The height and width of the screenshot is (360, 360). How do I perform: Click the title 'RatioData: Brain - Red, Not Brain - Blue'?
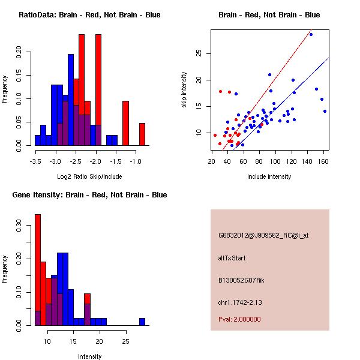point(89,15)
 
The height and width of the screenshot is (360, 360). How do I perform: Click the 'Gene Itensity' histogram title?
point(89,195)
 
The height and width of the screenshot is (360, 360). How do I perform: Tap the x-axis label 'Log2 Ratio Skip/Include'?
point(89,176)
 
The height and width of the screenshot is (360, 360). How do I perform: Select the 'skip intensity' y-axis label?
point(185,90)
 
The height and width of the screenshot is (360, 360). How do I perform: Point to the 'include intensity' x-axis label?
point(269,176)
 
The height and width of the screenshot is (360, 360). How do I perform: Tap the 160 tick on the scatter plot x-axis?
point(323,161)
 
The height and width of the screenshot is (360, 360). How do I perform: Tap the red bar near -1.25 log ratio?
point(125,123)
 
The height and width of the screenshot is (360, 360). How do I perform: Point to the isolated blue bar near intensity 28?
point(142,322)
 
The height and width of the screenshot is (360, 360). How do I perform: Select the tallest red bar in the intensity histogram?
point(38,270)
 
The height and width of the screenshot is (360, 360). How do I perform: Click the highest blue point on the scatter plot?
point(311,34)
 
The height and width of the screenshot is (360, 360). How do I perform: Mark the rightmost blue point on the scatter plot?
point(325,111)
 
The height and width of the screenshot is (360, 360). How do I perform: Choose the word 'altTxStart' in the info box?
point(232,258)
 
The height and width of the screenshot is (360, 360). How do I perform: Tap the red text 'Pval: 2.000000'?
point(239,319)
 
